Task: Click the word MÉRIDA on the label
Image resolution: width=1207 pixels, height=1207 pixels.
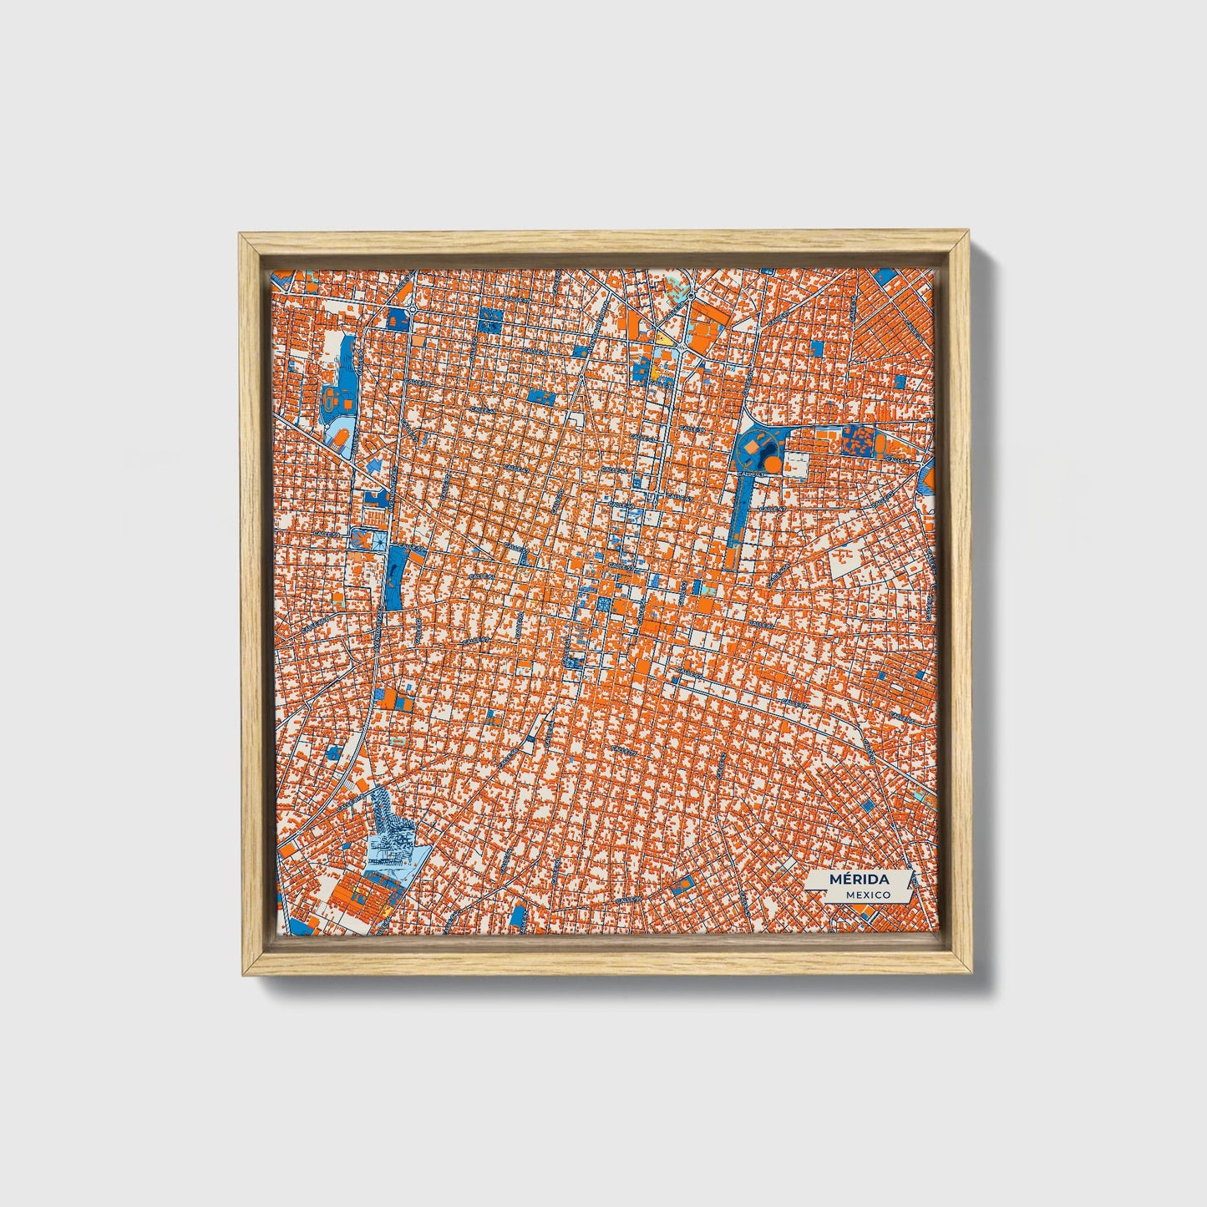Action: pyautogui.click(x=859, y=879)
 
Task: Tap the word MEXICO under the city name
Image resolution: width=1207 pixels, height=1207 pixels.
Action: pyautogui.click(x=865, y=894)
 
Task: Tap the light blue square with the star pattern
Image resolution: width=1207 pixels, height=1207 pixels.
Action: pyautogui.click(x=378, y=540)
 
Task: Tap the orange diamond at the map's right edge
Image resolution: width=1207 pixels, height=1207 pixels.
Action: pyautogui.click(x=928, y=477)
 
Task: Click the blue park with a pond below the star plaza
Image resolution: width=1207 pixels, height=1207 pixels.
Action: pyautogui.click(x=393, y=577)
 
